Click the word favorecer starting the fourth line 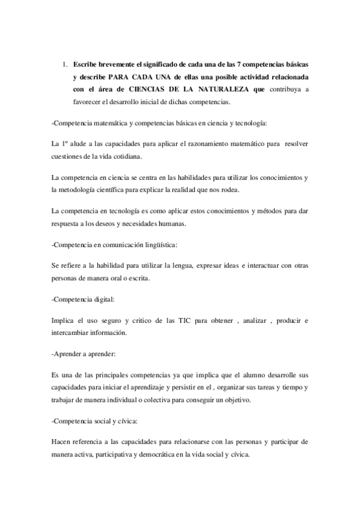point(88,102)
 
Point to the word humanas point(188,224)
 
